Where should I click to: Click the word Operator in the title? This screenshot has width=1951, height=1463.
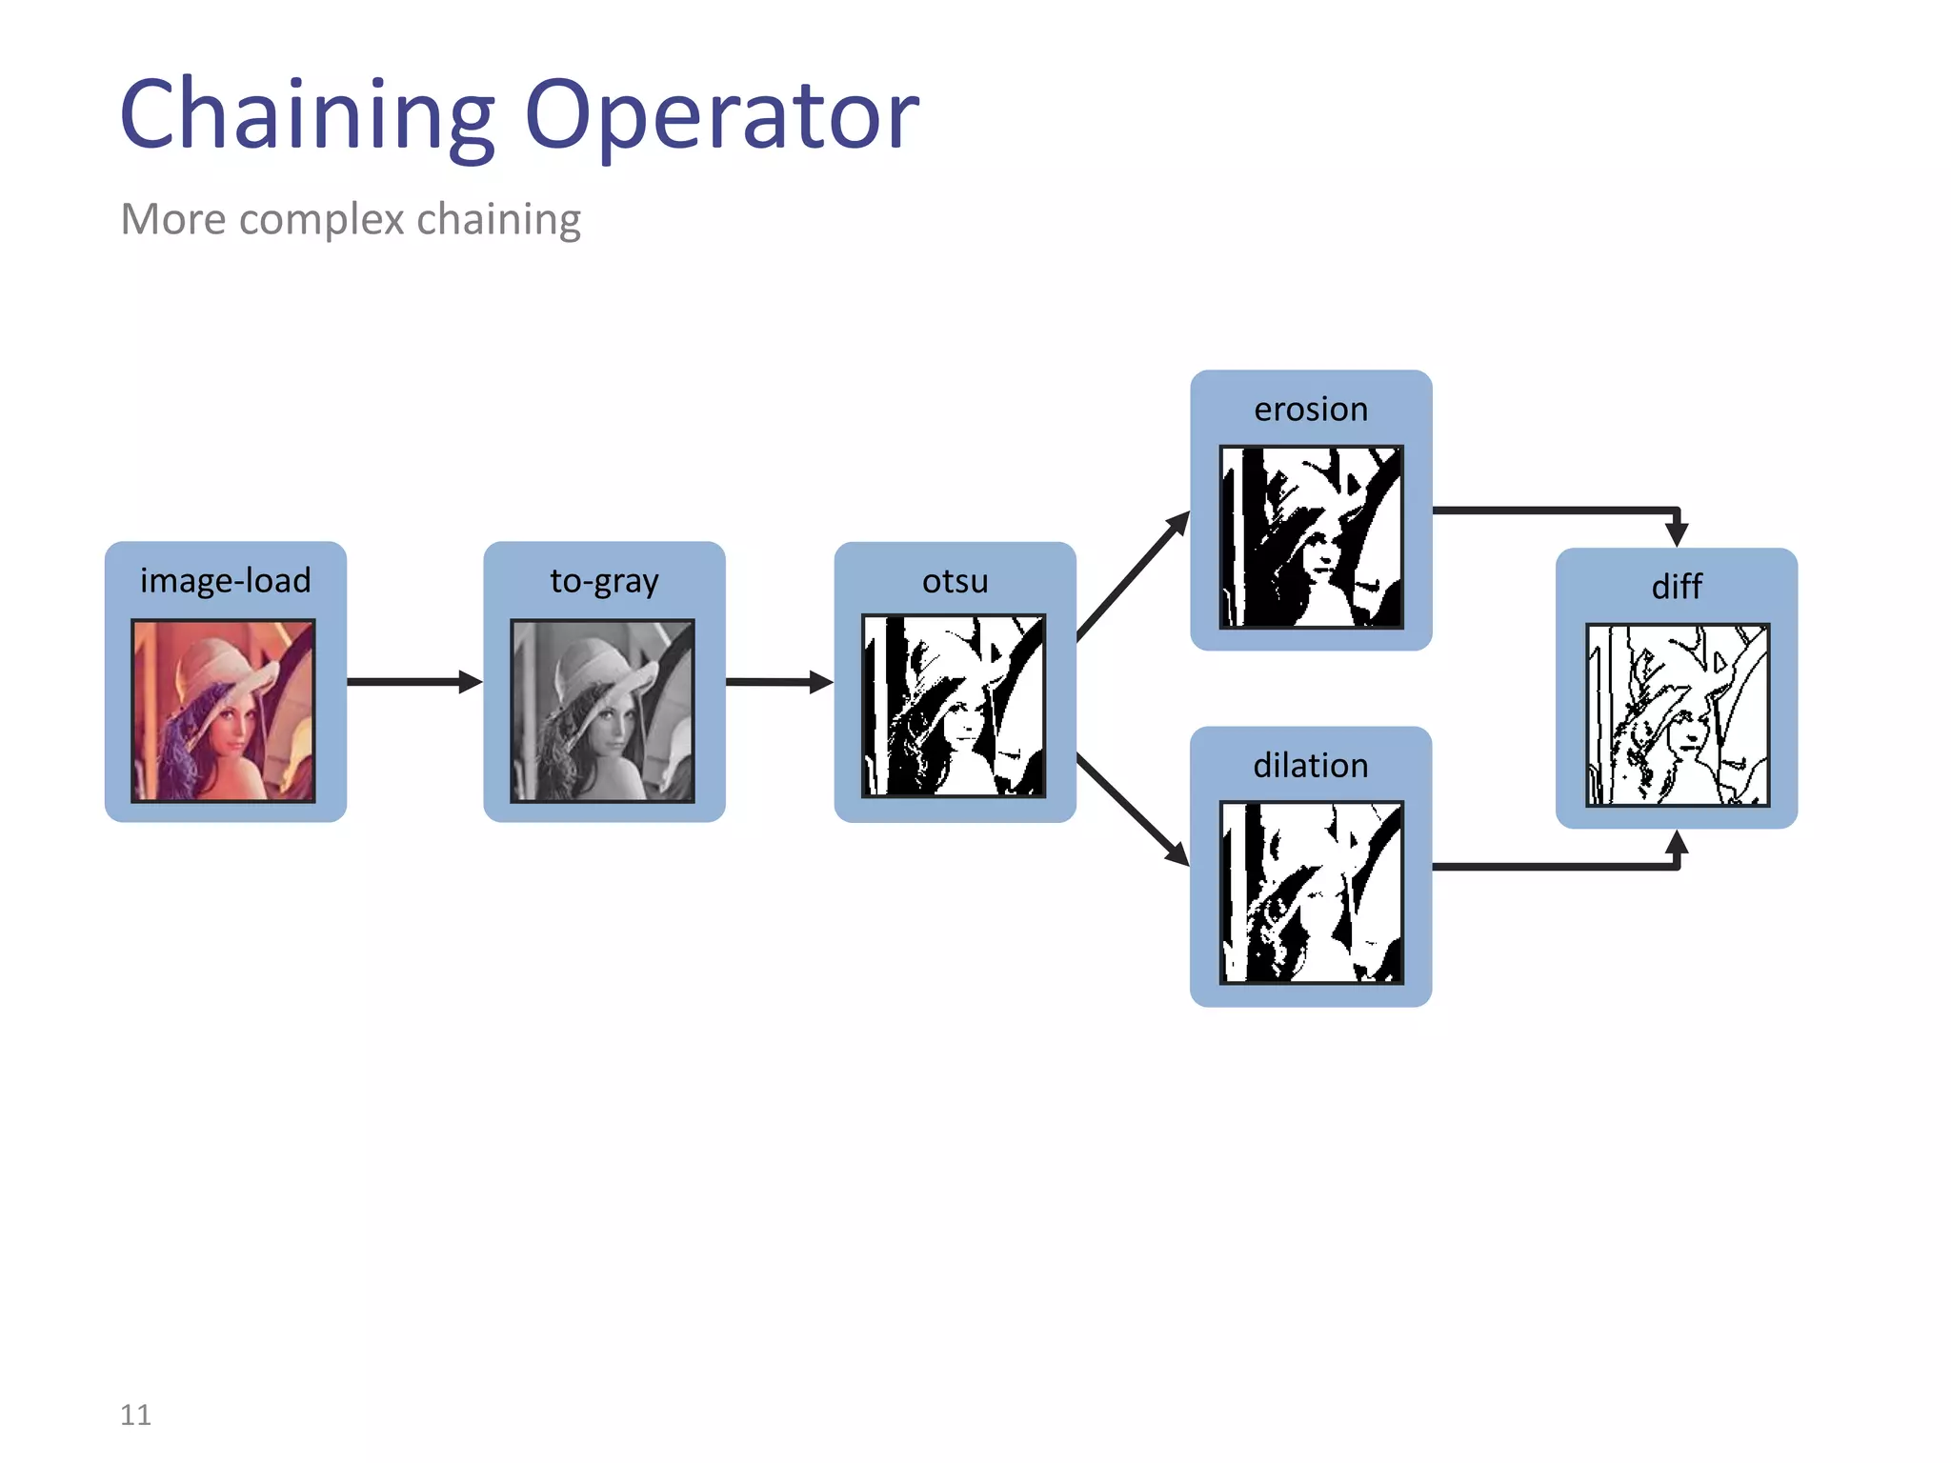[721, 116]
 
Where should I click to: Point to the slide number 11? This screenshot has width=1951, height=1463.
[135, 1414]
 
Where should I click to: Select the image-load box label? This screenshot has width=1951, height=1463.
[225, 580]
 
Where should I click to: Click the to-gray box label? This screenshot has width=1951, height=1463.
[604, 580]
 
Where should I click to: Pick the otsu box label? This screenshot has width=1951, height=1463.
[955, 580]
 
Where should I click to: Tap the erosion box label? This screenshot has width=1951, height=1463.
[1311, 409]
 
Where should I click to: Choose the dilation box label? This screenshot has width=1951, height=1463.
[1311, 765]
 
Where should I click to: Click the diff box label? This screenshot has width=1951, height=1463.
[1677, 586]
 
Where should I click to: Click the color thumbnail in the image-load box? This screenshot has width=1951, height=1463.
[223, 711]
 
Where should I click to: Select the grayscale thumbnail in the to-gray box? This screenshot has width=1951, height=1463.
[602, 711]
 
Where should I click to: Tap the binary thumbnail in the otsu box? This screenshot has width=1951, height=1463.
[954, 706]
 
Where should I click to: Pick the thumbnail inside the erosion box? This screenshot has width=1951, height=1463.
[1311, 537]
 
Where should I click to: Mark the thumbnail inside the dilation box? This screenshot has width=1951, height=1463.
[1311, 892]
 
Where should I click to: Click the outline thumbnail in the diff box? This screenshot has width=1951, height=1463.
[1677, 715]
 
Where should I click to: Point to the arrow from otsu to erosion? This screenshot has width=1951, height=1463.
[1132, 577]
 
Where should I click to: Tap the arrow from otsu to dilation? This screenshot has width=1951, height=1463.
[1132, 810]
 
